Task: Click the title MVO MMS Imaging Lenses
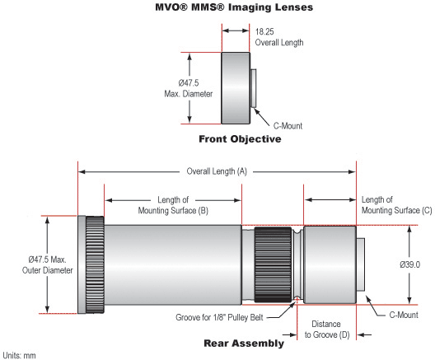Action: click(234, 7)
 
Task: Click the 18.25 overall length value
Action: click(264, 31)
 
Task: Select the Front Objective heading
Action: click(240, 139)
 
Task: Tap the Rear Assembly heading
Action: click(244, 344)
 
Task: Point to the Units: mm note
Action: click(19, 355)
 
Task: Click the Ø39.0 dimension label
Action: click(409, 264)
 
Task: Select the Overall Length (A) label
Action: click(217, 171)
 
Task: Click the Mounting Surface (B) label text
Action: click(173, 205)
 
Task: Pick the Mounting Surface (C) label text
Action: click(397, 205)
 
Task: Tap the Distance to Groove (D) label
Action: click(327, 330)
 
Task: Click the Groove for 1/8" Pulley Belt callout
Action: click(219, 317)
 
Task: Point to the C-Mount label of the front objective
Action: click(288, 126)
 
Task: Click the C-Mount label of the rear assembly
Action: click(404, 315)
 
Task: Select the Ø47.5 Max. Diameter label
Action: click(189, 88)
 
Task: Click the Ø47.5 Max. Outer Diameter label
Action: click(48, 265)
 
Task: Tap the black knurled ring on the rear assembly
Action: click(273, 265)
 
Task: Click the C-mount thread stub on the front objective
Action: click(253, 88)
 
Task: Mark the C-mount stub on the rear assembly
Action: click(360, 264)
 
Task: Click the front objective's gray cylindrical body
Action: click(236, 88)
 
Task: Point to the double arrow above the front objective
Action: click(236, 30)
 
